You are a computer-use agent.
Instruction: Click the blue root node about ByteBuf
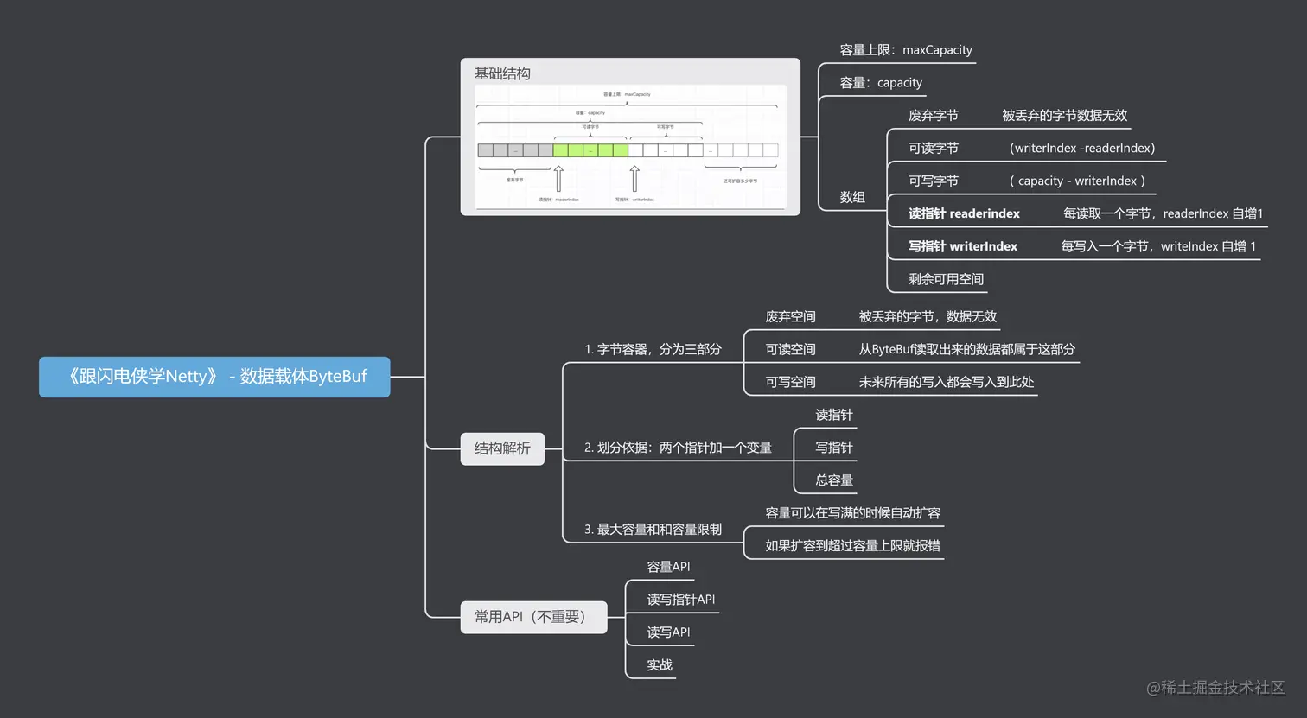click(214, 377)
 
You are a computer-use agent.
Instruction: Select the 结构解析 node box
click(502, 448)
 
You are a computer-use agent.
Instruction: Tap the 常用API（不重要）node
click(532, 617)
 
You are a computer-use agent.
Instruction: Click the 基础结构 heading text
click(502, 73)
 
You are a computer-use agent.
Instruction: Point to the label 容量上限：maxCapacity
click(905, 50)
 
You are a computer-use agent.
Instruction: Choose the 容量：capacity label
click(881, 83)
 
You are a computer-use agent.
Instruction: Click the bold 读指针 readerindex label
click(963, 213)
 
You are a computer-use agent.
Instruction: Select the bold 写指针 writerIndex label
click(962, 246)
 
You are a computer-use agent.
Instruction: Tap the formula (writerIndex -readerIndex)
click(1081, 148)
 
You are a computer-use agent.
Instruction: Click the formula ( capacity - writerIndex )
click(1077, 181)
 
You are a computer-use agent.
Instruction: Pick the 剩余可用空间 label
click(946, 279)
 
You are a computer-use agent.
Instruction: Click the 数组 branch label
click(852, 197)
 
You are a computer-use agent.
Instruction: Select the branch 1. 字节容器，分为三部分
click(653, 349)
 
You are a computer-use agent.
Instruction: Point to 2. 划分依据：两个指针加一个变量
click(678, 448)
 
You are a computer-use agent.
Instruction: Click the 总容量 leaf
click(834, 480)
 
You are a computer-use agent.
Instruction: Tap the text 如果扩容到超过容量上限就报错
click(852, 545)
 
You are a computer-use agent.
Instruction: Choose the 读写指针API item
click(680, 600)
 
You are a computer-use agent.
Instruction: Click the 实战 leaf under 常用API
click(660, 665)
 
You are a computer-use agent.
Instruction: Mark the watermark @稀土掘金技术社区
click(1215, 688)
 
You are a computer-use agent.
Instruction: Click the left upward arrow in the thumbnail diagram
click(558, 179)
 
